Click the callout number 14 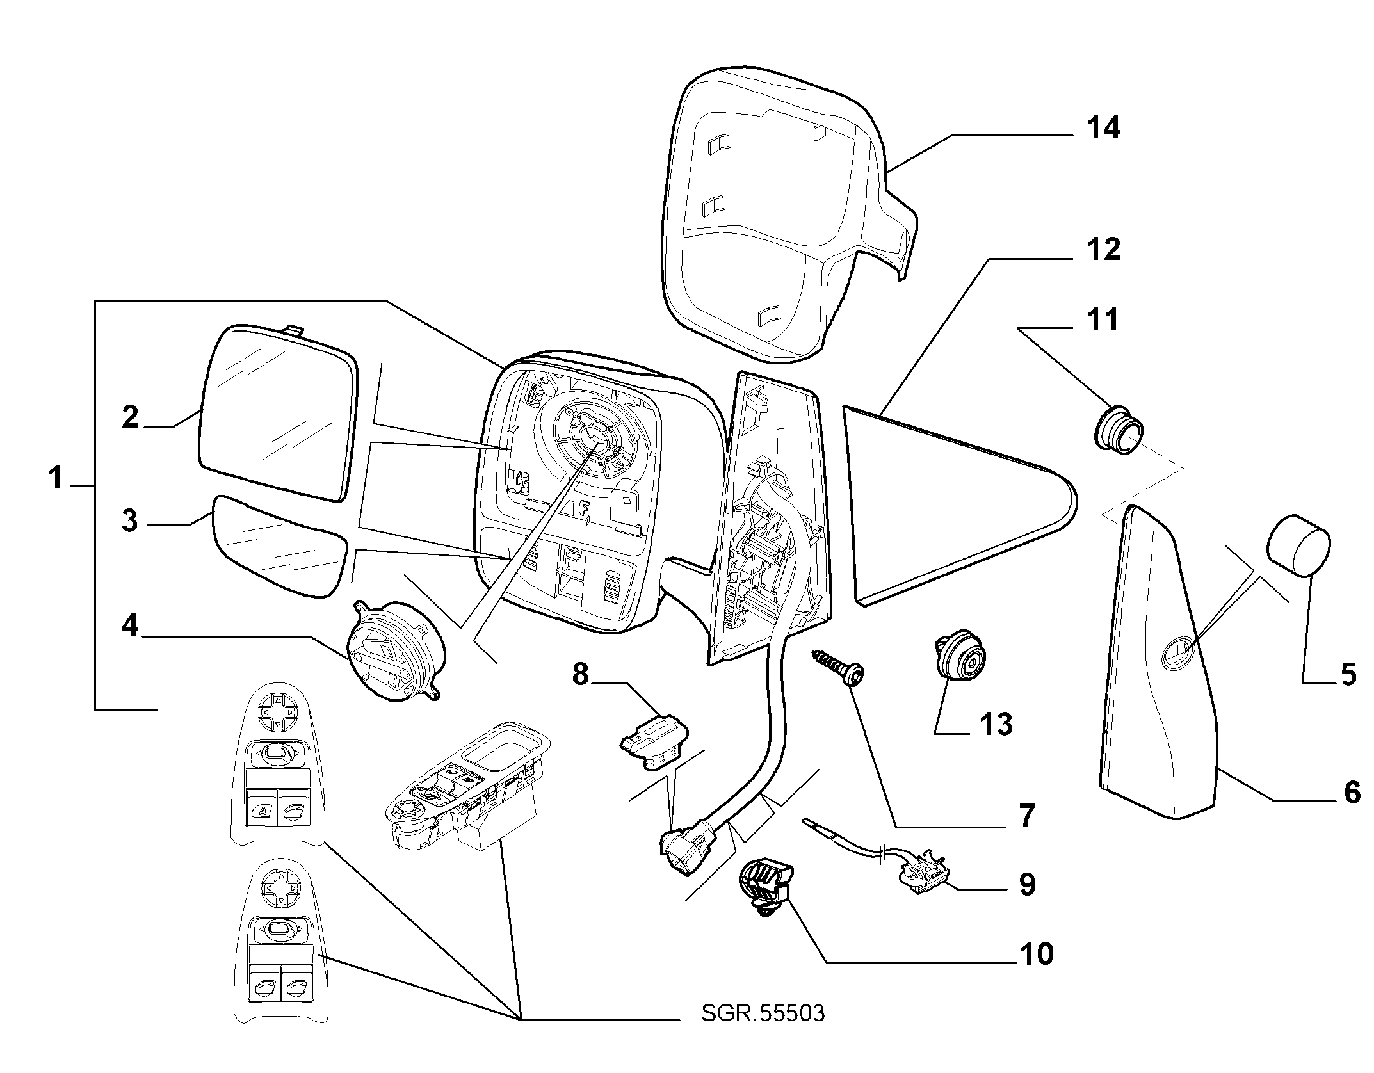pyautogui.click(x=1103, y=128)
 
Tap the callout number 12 pyautogui.click(x=1103, y=249)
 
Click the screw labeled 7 pyautogui.click(x=839, y=666)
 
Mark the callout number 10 pyautogui.click(x=1035, y=972)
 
